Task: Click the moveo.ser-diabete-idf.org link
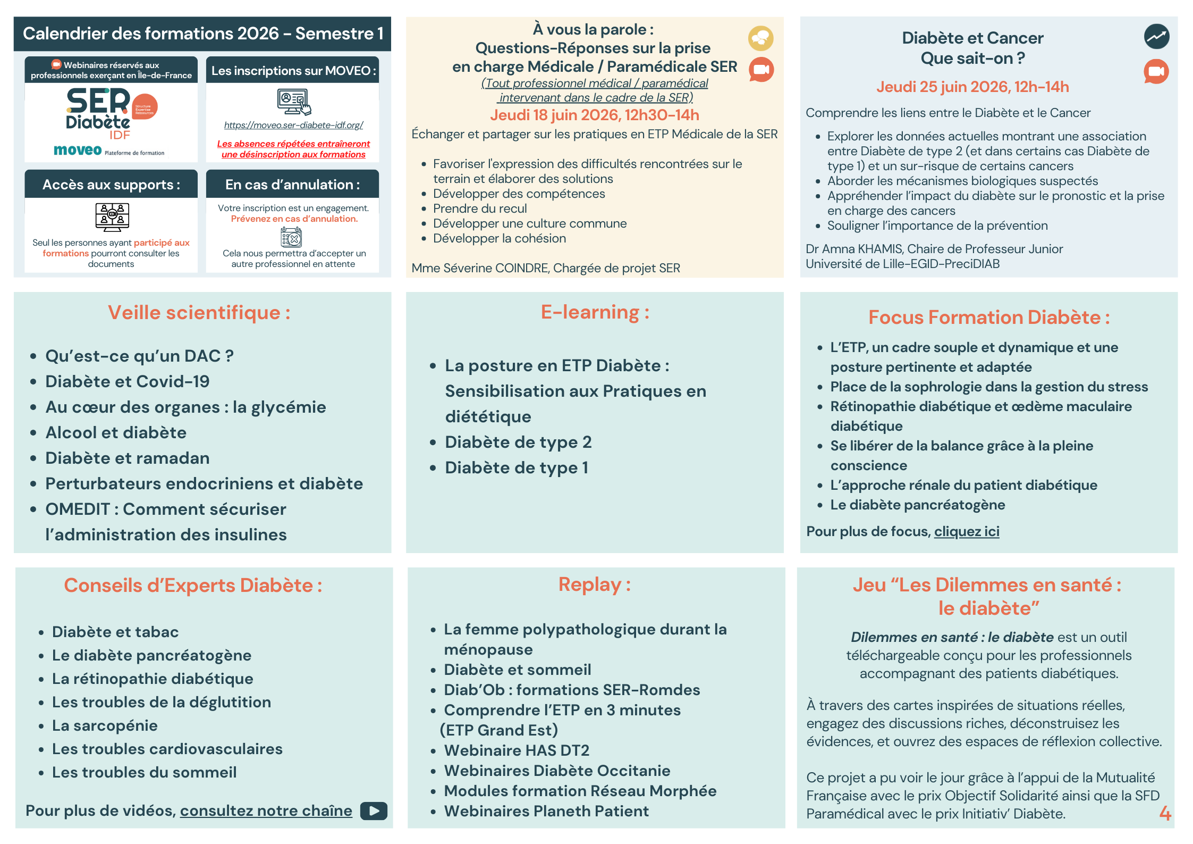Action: click(x=293, y=125)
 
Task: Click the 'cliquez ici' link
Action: click(x=967, y=531)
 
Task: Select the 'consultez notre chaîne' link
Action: click(x=266, y=810)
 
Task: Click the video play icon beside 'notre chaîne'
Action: click(x=374, y=810)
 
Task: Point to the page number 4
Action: click(x=1165, y=813)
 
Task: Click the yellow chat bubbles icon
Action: click(x=760, y=38)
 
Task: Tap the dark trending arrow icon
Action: click(x=1156, y=37)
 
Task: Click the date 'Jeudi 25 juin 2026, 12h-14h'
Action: click(x=972, y=87)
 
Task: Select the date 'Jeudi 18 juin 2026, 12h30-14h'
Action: click(x=594, y=115)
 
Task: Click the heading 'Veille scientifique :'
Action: click(x=199, y=312)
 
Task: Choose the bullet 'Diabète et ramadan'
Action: click(x=128, y=458)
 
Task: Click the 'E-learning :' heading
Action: click(x=595, y=312)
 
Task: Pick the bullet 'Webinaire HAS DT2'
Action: click(x=517, y=750)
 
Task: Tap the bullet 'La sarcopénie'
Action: click(x=105, y=725)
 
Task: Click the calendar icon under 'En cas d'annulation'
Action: click(x=291, y=237)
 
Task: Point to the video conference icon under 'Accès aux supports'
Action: click(x=112, y=217)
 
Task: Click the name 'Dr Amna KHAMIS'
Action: click(x=853, y=249)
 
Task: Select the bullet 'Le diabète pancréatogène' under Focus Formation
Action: click(x=918, y=505)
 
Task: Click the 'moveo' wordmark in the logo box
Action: click(x=78, y=151)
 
